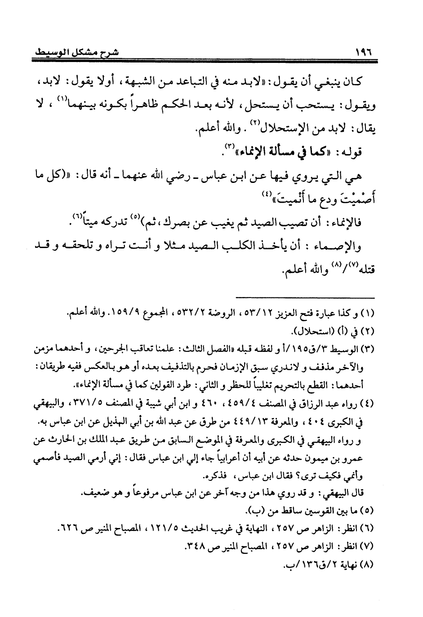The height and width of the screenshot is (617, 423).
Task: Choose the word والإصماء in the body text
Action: coord(339,246)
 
